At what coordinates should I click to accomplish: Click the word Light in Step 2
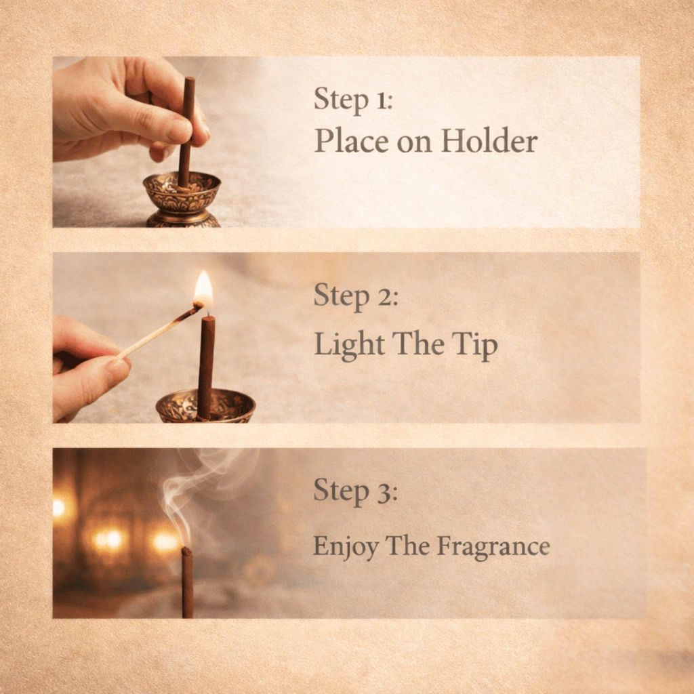click(x=349, y=344)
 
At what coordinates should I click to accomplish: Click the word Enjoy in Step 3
click(x=346, y=546)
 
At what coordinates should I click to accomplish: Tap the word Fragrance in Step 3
click(x=493, y=546)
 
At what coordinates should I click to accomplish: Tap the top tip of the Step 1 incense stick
click(x=190, y=79)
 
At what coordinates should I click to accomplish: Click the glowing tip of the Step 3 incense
click(x=187, y=550)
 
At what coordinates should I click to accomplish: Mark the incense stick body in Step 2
click(x=206, y=367)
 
